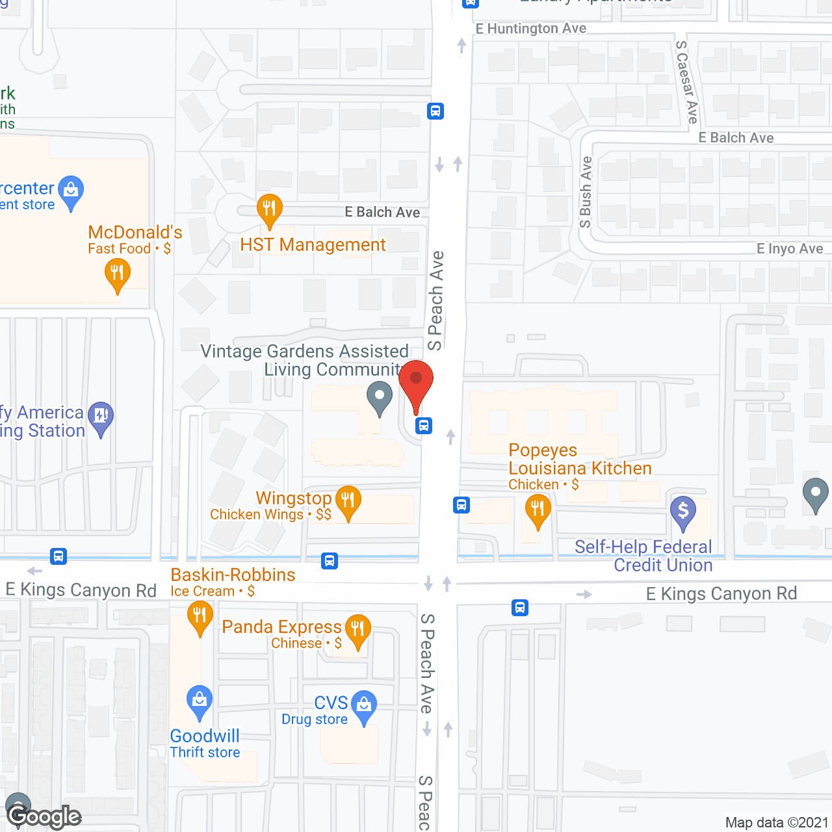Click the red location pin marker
click(x=416, y=382)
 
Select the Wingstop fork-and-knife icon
click(x=348, y=500)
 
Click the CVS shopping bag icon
click(x=364, y=705)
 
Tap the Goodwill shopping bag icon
click(x=199, y=701)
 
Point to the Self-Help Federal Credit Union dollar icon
click(x=683, y=511)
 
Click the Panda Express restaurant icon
click(x=357, y=629)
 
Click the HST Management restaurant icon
click(x=269, y=209)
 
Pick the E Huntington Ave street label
click(x=530, y=29)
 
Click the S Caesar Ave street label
click(x=687, y=82)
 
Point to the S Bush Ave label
click(x=586, y=192)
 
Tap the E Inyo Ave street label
click(x=789, y=249)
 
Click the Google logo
click(x=44, y=816)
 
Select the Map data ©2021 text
click(x=776, y=822)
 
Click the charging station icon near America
click(x=101, y=416)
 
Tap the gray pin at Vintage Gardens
click(x=379, y=396)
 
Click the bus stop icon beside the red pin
click(x=424, y=426)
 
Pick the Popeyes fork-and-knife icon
click(x=538, y=508)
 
